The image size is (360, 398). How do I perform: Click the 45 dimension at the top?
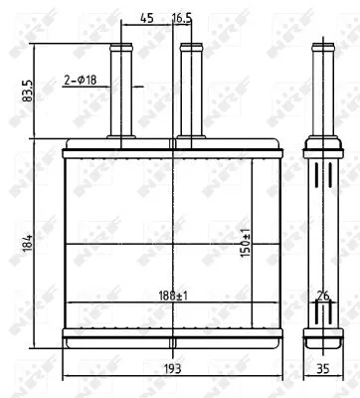pyautogui.click(x=146, y=17)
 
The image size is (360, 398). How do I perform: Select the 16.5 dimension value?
pyautogui.click(x=182, y=17)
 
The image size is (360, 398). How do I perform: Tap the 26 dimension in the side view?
pyautogui.click(x=321, y=296)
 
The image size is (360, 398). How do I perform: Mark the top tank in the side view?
pyautogui.click(x=321, y=149)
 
